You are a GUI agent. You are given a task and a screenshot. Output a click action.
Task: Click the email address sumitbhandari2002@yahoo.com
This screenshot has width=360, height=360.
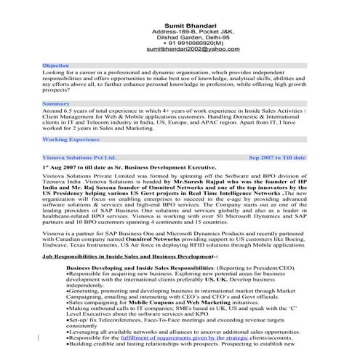[193, 49]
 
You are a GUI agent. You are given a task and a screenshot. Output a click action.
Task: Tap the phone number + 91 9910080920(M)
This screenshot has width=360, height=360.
[193, 41]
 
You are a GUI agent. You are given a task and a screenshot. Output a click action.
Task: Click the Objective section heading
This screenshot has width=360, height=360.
[56, 65]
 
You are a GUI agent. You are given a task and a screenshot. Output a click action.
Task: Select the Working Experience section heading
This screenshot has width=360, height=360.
[71, 138]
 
